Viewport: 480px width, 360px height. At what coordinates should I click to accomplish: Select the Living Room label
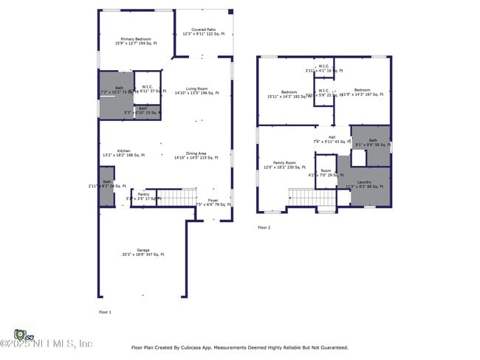point(196,89)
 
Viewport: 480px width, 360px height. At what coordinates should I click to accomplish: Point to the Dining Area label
point(196,153)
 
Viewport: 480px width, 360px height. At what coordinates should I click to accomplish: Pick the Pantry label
point(143,195)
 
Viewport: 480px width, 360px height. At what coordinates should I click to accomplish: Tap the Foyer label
point(213,200)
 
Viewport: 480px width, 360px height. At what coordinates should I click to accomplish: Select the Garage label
point(143,250)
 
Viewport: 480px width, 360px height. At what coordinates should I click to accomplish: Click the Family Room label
point(284,163)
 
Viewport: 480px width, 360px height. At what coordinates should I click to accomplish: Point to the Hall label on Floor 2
point(332,137)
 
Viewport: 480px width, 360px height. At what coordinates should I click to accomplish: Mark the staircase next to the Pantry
point(177,197)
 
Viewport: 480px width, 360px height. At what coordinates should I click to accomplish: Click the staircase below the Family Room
point(301,198)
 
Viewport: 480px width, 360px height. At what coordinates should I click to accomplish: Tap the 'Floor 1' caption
point(105,312)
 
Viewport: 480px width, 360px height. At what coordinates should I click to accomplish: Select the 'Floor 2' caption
point(264,228)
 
